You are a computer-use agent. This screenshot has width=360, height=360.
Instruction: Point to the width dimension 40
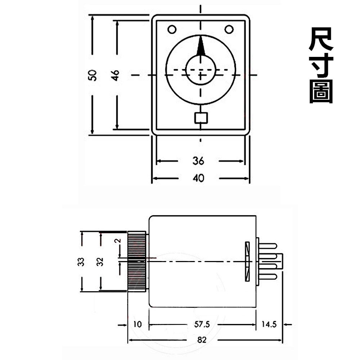tap(198, 178)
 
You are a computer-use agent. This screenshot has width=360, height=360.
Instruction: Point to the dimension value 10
tap(138, 324)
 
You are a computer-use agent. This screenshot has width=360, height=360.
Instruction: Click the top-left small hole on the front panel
tap(172, 29)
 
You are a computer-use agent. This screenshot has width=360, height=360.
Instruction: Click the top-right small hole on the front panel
tap(229, 29)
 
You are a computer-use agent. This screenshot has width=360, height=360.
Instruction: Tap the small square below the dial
tap(201, 118)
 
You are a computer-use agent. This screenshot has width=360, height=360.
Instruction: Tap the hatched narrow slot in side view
tap(247, 261)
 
